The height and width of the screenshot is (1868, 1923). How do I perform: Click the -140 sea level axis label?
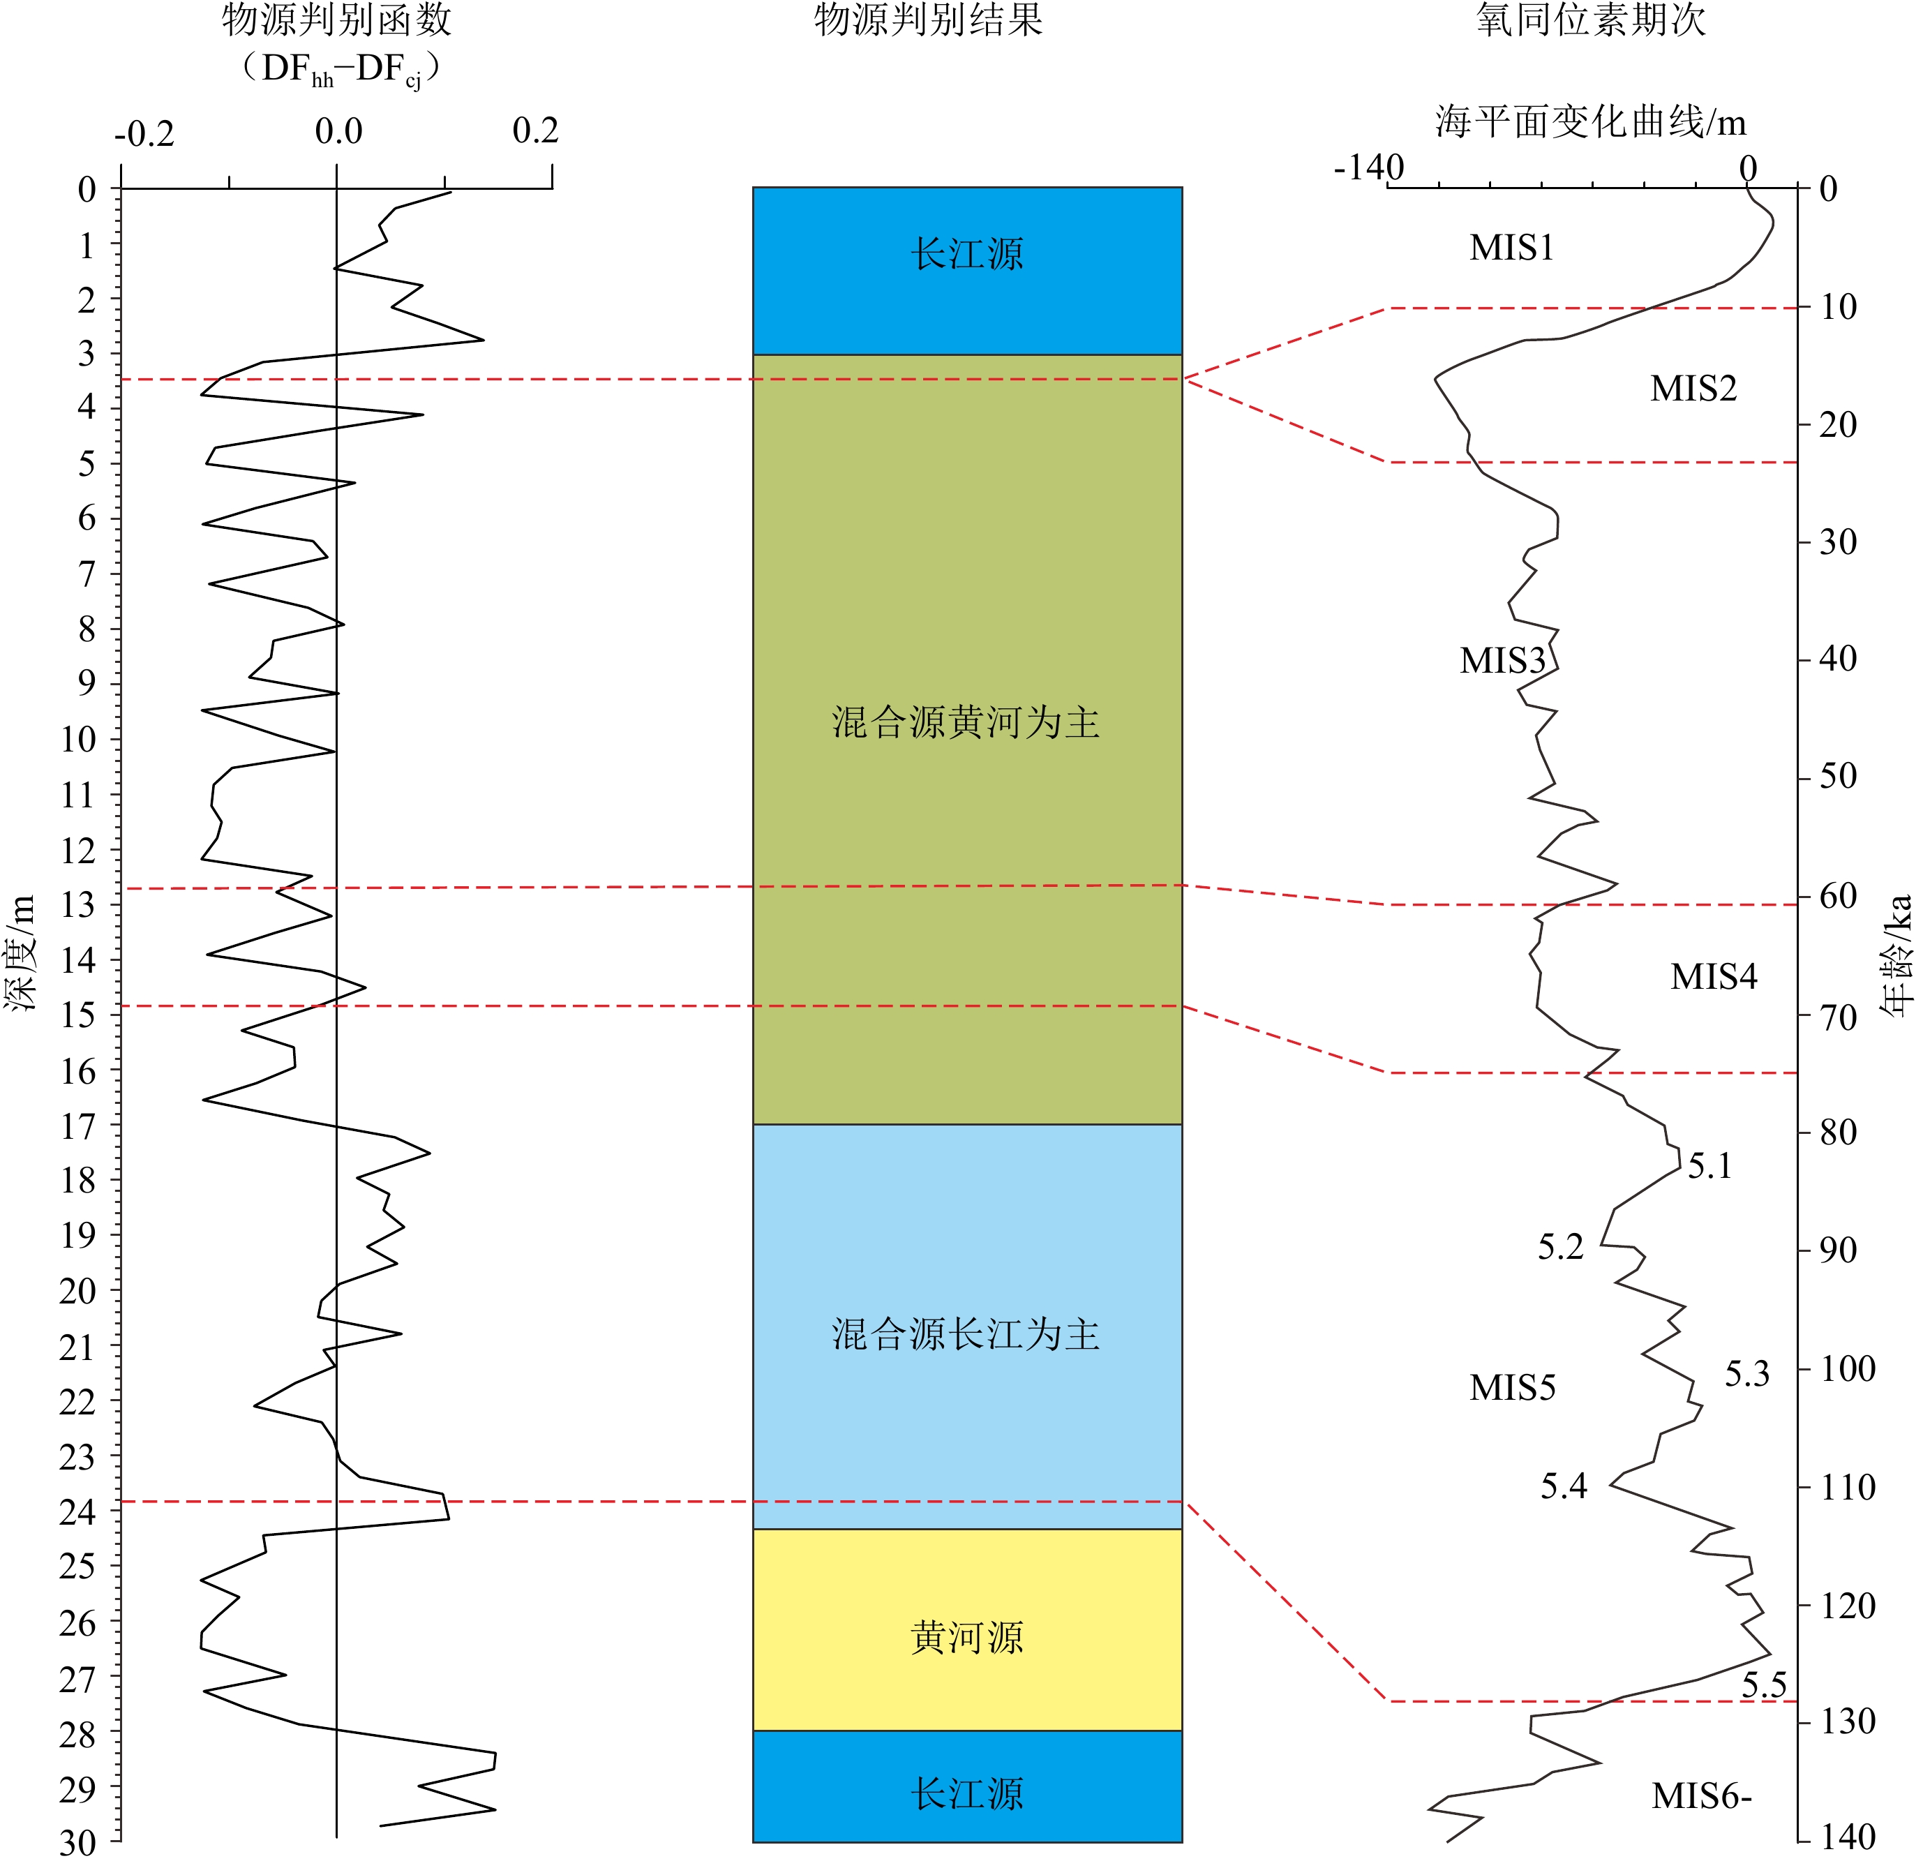point(1369,167)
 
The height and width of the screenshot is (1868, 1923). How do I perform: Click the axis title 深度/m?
point(21,952)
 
